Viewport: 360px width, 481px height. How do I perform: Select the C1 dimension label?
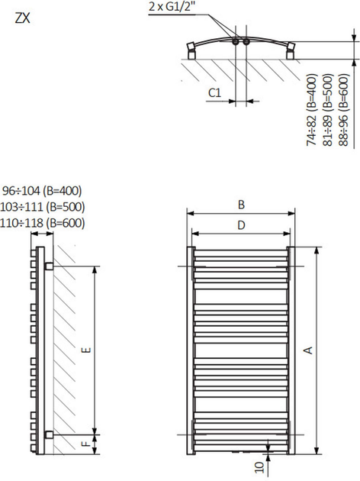(214, 92)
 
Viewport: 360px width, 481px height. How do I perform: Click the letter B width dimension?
(240, 204)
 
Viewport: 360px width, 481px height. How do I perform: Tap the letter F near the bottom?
(86, 442)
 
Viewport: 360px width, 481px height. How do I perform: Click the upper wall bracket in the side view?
(49, 266)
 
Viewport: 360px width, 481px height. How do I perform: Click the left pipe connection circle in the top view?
(237, 41)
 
